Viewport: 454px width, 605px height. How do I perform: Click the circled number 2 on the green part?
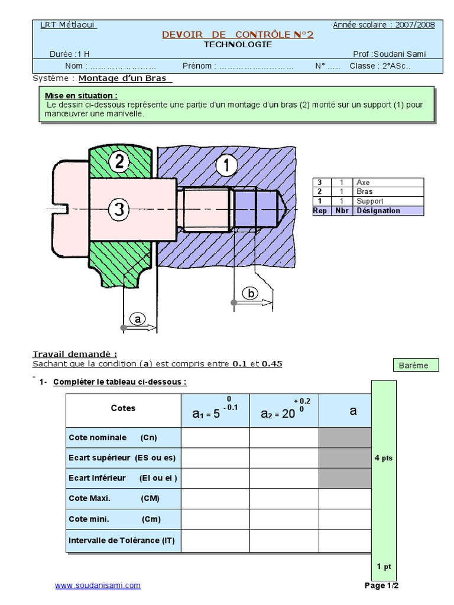coord(119,162)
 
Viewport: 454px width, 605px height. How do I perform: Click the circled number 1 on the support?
coord(225,166)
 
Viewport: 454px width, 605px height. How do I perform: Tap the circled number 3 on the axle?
coord(119,209)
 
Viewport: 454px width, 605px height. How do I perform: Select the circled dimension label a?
coord(138,319)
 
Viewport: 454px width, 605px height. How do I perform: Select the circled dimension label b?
coord(250,294)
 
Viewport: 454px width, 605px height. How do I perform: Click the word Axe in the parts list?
coord(363,183)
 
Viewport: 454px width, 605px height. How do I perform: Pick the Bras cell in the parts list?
coord(364,192)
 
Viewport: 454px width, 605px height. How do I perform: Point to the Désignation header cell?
coord(378,211)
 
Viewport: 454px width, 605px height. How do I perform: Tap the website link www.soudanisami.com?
coord(98,586)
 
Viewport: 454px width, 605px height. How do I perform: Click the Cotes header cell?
coord(123,408)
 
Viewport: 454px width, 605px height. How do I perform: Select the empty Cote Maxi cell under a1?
coord(215,498)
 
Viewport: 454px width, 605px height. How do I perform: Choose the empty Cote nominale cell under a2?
coord(284,438)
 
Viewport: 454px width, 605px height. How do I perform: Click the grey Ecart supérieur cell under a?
coord(345,458)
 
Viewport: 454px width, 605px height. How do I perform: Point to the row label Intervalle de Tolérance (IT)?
coord(122,540)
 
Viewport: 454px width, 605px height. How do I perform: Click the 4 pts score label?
coord(384,457)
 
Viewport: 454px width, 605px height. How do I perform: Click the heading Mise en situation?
coord(81,95)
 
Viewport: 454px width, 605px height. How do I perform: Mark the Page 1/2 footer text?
coord(382,586)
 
